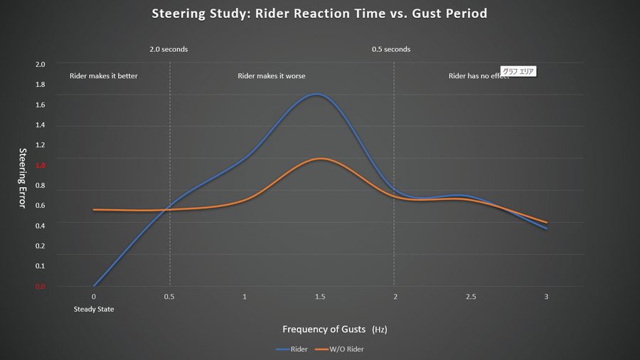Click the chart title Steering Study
coord(319,14)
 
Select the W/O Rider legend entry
coord(346,349)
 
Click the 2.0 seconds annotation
coord(169,50)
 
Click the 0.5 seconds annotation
coord(391,50)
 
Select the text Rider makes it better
coord(103,75)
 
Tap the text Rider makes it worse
coord(271,75)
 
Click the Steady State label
coord(94,309)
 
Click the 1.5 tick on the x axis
coord(320,297)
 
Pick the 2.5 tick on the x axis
coord(470,297)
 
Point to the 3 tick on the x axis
coord(546,297)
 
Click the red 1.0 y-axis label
coord(40,165)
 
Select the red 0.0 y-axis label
coord(40,287)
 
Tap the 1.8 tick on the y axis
coord(40,85)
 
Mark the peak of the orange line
coord(321,159)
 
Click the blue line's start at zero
coord(94,286)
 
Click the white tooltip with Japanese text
coord(518,71)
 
